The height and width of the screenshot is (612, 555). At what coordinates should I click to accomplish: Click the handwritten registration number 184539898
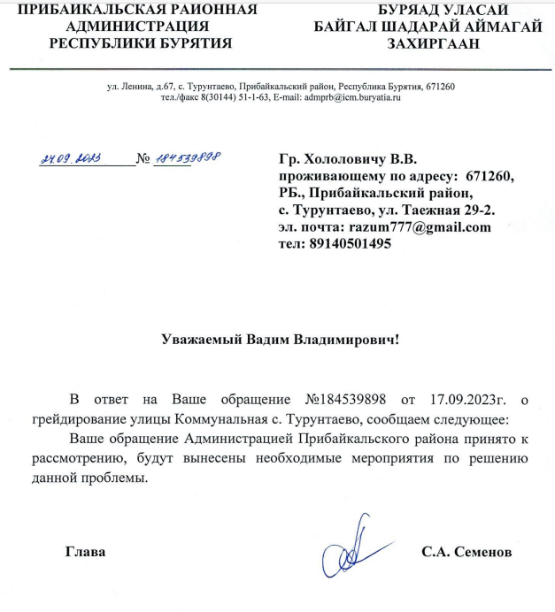[188, 157]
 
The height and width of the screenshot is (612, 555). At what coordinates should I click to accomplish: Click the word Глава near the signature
[86, 553]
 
